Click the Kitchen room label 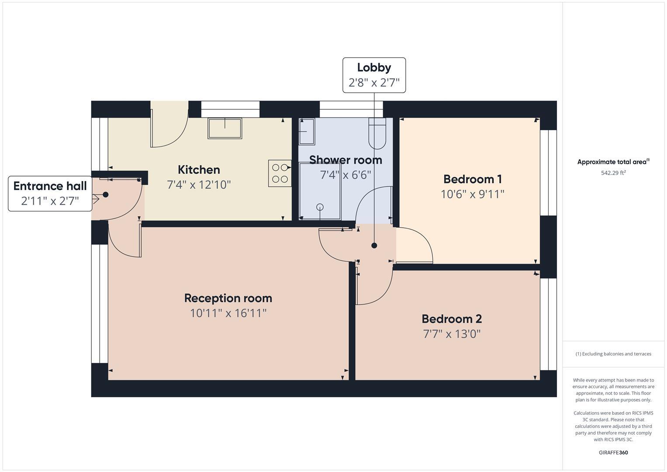pos(199,170)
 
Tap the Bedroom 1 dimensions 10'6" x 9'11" pos(472,194)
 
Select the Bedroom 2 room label pos(452,319)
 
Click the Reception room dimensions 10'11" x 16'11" pos(228,313)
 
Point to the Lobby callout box pos(374,75)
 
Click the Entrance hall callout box pos(50,193)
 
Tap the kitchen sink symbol pos(225,128)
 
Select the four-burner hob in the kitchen pos(280,173)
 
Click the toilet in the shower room pos(377,133)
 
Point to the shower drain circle pos(320,207)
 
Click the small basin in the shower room pos(307,131)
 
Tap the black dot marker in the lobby pos(374,246)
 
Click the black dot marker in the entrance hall pos(105,194)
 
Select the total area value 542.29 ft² pos(613,173)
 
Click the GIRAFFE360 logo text pos(613,452)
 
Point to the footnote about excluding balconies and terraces pos(613,354)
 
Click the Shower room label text pos(346,160)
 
